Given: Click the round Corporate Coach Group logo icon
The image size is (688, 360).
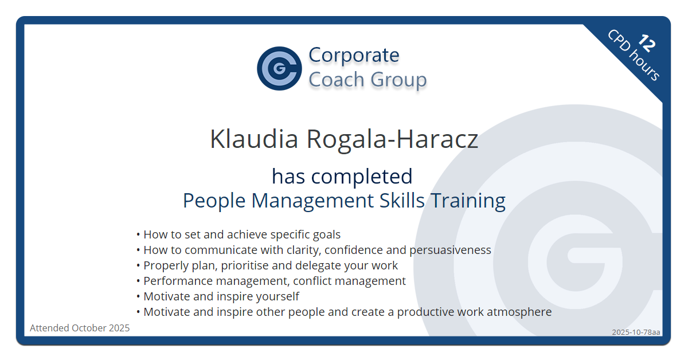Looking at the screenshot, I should point(279,68).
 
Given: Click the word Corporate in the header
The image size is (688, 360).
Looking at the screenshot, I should point(354,55).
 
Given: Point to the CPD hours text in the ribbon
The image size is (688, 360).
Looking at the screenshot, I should point(634,56).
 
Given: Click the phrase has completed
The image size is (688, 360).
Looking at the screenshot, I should point(342,176).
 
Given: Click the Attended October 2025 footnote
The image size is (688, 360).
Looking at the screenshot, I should point(80,328).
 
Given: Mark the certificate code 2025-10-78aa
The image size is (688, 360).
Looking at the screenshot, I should point(636,332).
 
